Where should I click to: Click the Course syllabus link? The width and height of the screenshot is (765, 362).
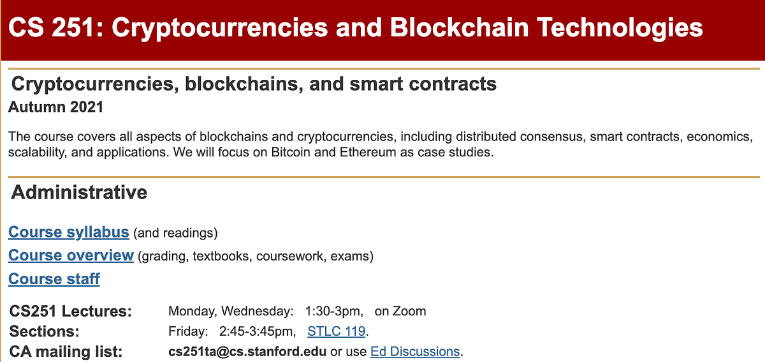pos(69,232)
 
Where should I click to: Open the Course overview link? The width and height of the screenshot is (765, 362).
pos(71,255)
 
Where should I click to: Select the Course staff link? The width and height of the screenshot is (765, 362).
pos(54,279)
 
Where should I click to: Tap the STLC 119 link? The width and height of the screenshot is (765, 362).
pos(336,331)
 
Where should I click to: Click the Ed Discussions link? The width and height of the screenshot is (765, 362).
pos(414,351)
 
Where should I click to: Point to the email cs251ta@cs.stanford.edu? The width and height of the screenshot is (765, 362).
pos(247,351)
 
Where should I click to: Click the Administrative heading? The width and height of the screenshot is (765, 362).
pos(79,192)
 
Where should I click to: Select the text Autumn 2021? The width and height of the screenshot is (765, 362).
pos(55,107)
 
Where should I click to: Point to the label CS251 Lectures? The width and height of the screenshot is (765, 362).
pos(71,312)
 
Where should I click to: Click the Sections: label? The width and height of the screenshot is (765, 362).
pos(45,331)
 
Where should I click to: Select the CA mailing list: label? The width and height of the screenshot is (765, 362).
pos(66,351)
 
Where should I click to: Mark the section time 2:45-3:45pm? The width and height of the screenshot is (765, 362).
pos(258,331)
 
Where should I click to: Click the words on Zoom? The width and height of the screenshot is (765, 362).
pos(400,312)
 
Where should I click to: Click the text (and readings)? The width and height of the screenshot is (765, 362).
pos(176,233)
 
